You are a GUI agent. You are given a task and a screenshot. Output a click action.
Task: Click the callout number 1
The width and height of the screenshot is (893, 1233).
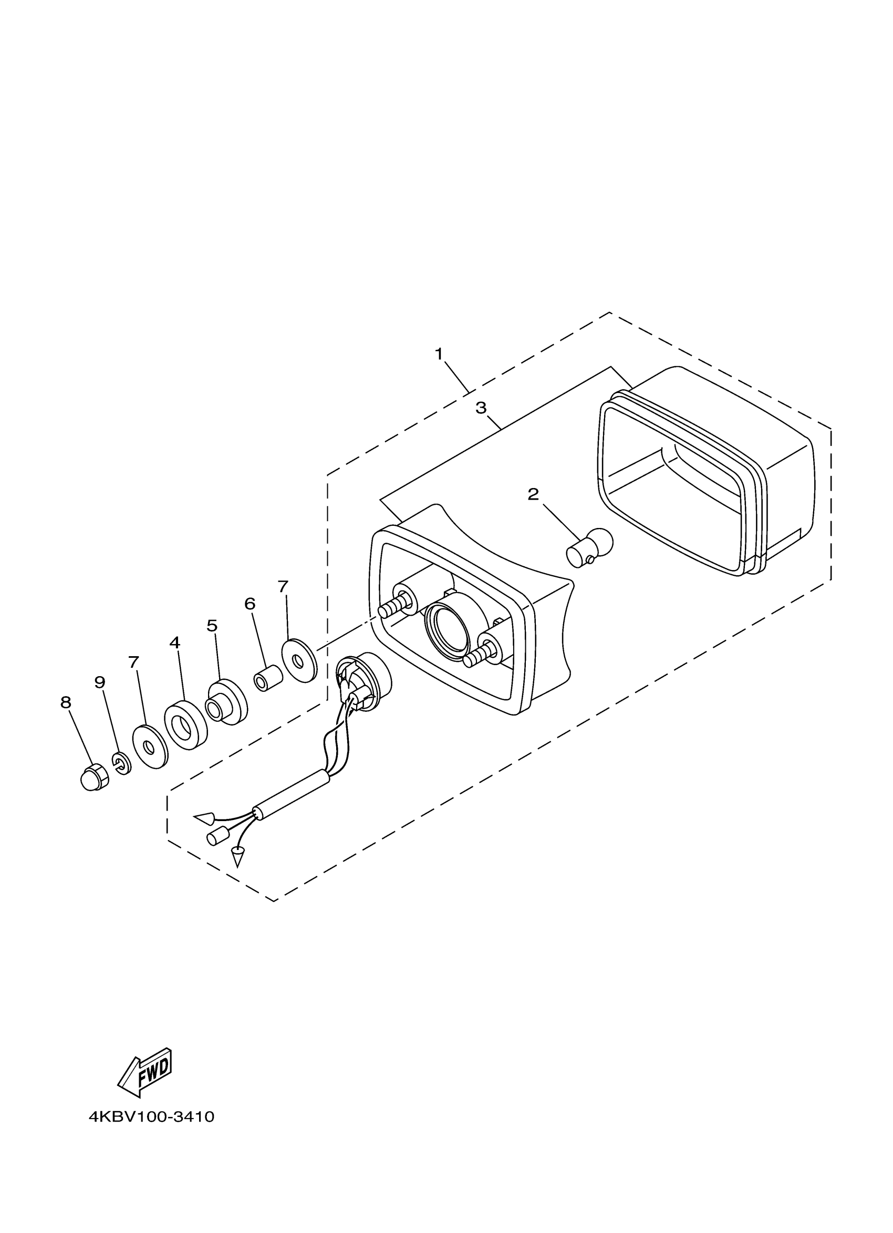tap(439, 354)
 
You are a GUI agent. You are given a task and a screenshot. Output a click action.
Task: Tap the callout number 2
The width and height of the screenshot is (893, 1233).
tap(533, 494)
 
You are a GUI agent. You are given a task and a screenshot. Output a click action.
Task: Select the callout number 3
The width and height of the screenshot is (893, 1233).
tap(481, 408)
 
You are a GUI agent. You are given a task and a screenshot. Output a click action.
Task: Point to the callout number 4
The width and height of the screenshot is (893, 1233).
tap(174, 643)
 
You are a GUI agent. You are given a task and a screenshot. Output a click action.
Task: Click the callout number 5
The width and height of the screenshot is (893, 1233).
tap(212, 626)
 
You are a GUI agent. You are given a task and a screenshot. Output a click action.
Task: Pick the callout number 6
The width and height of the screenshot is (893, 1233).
tap(250, 604)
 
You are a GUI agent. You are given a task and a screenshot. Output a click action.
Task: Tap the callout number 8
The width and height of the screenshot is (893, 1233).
tap(66, 702)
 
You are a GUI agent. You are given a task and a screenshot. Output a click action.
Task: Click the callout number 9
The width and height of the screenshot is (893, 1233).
tap(100, 682)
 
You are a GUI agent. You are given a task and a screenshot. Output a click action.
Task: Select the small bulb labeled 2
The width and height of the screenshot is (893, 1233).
tap(589, 546)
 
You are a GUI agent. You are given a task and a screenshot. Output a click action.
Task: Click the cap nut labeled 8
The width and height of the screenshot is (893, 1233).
tap(94, 777)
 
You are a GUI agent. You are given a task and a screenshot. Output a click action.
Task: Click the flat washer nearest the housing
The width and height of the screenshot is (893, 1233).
tap(299, 660)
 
